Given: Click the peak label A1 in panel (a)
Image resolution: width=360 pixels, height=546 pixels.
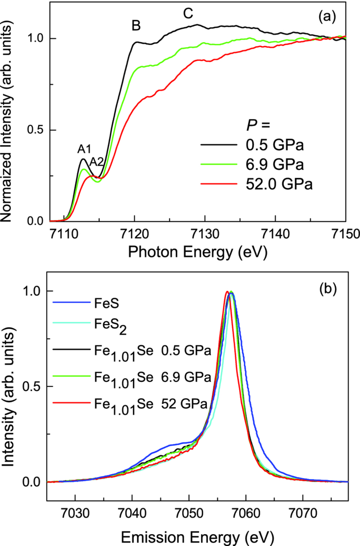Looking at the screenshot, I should tap(85, 149).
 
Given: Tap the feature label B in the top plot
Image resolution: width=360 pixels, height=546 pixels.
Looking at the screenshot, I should tap(136, 26).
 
